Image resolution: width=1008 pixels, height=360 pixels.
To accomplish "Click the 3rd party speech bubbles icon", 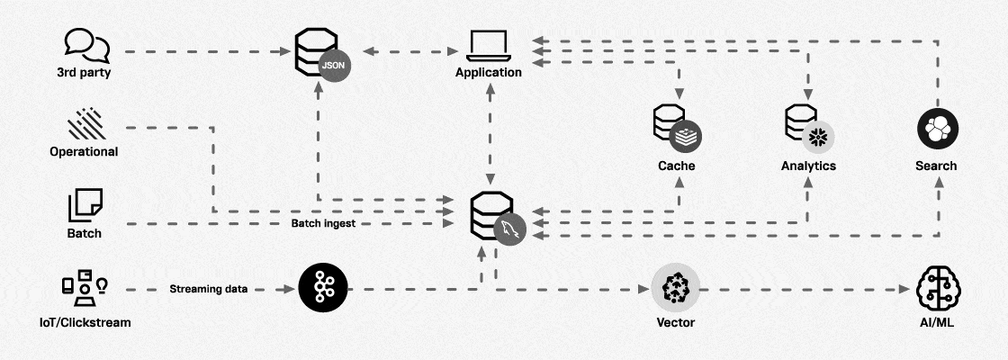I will [x=86, y=43].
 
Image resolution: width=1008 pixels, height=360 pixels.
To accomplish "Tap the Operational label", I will [x=84, y=151].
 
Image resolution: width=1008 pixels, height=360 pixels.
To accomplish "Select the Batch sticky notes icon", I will [x=85, y=204].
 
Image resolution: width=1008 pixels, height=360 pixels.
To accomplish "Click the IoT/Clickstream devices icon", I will [x=85, y=285].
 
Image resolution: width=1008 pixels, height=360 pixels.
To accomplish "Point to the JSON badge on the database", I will [x=333, y=67].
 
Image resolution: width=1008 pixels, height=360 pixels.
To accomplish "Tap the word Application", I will [x=488, y=73].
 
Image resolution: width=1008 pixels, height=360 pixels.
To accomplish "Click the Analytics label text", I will [x=808, y=166].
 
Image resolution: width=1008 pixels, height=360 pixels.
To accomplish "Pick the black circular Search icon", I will [x=935, y=130].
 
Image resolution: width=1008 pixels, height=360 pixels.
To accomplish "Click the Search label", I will [x=935, y=166].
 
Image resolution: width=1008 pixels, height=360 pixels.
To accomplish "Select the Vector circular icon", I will [x=675, y=288].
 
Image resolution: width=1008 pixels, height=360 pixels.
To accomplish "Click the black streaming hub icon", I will [x=323, y=288].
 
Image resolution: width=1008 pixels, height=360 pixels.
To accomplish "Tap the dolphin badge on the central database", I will [x=510, y=229].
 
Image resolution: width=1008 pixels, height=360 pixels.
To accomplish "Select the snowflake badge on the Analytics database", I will [x=819, y=137].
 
